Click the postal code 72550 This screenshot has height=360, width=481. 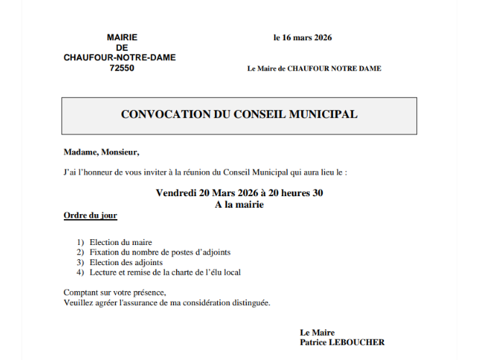tap(122, 68)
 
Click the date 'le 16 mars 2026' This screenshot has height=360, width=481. tap(302, 38)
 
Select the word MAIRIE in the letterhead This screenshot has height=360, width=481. tap(122, 37)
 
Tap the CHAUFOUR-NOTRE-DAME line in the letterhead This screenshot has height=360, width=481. tap(119, 58)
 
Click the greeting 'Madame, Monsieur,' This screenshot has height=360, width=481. tap(101, 152)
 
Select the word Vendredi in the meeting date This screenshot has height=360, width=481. tap(177, 193)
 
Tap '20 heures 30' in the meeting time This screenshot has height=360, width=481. tap(298, 193)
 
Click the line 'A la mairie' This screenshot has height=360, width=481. tap(239, 205)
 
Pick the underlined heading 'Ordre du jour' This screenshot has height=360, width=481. tap(90, 216)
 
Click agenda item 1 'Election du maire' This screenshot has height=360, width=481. tap(121, 242)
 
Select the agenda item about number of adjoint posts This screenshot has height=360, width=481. tap(160, 252)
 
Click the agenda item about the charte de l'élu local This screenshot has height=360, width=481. tap(165, 272)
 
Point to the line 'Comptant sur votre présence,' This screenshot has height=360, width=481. tap(114, 292)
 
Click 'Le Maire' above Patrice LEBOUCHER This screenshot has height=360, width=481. tap(317, 333)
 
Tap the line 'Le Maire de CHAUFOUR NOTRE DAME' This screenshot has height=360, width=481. tap(314, 69)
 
